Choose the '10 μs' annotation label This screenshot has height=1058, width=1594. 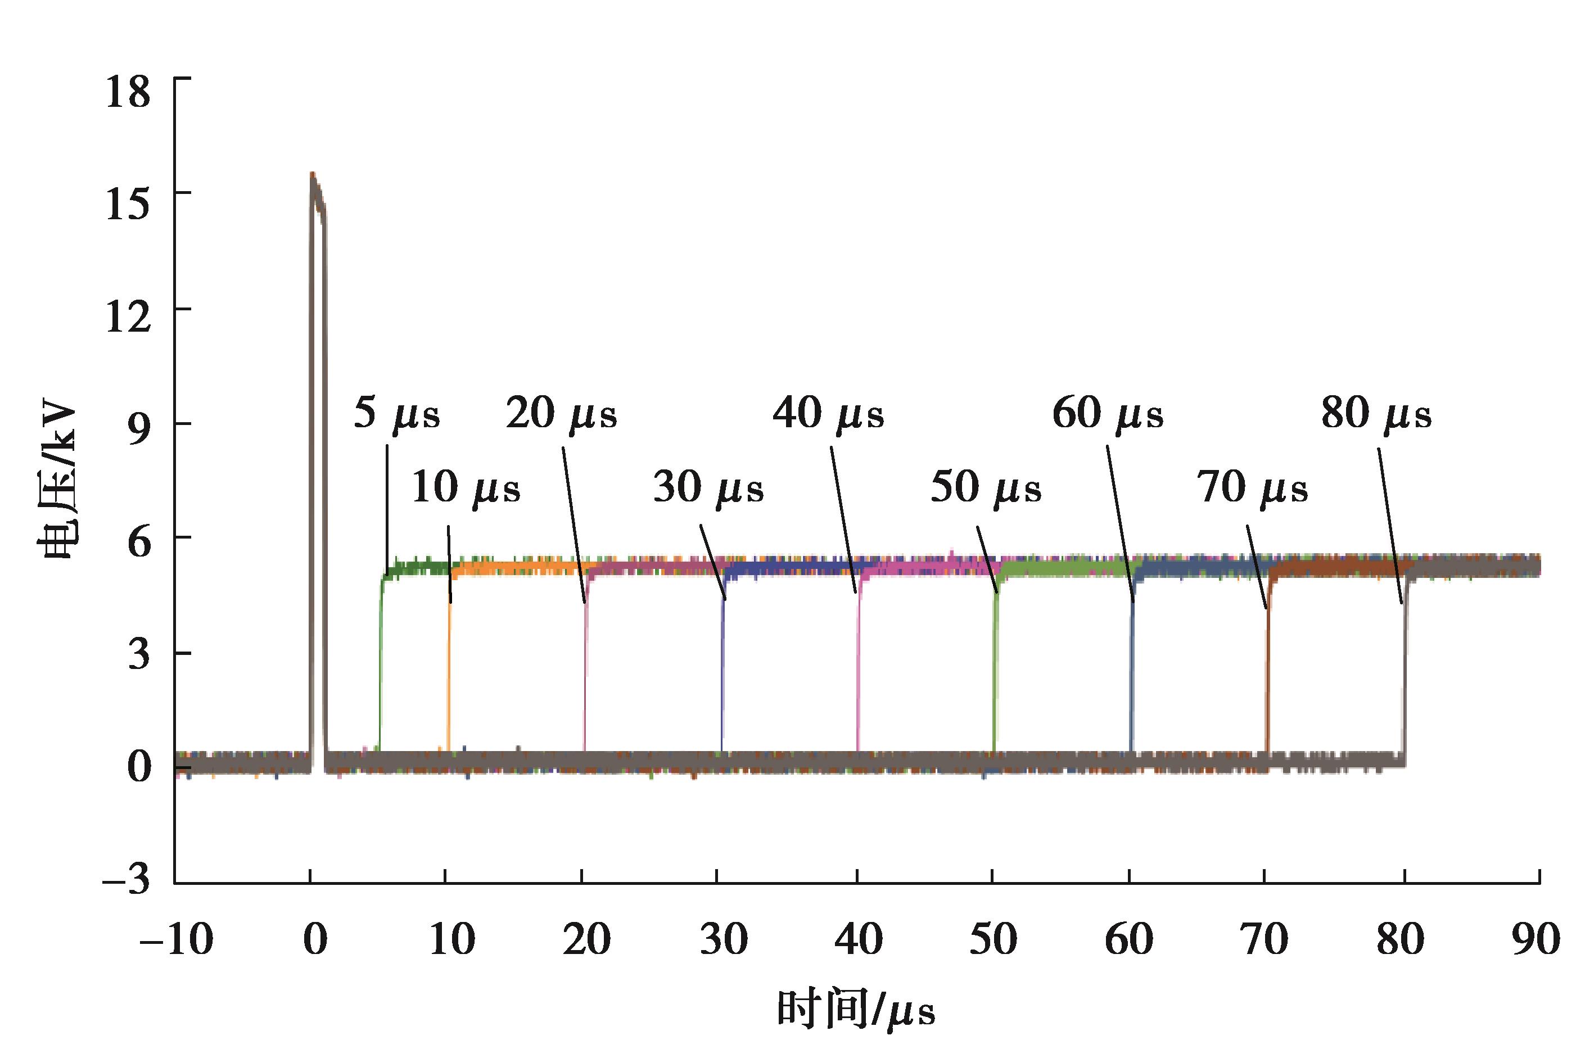466,488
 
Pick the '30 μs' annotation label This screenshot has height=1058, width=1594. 708,488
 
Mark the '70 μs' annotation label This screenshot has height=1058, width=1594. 1253,488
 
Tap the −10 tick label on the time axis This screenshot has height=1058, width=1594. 176,939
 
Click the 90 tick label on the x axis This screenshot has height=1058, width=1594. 1536,939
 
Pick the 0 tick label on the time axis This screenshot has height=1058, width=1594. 314,939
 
